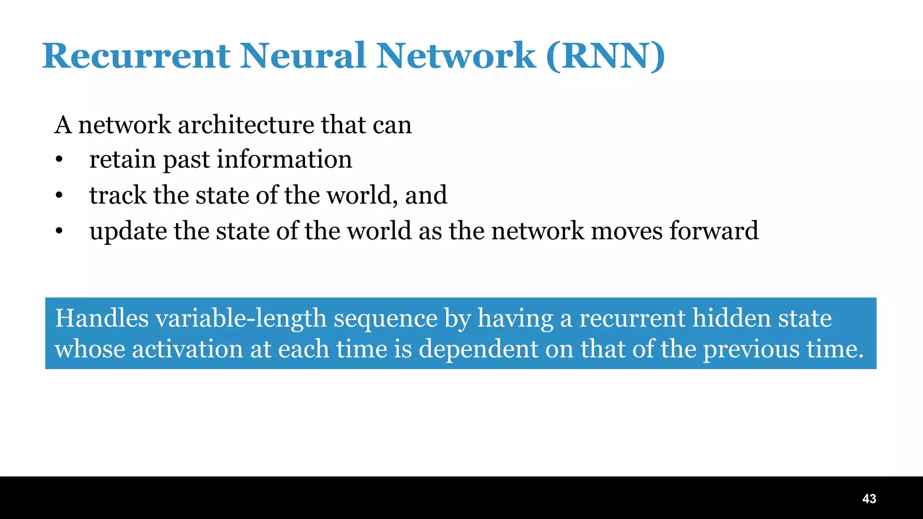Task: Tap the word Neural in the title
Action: point(302,56)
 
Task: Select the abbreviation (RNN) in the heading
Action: point(605,56)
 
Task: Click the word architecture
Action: point(246,125)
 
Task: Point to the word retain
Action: point(122,159)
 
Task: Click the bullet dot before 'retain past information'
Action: point(59,160)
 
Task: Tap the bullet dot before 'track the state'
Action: point(59,196)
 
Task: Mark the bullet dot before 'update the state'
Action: point(59,232)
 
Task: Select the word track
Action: point(118,195)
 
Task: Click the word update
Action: point(128,231)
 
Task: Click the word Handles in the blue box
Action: point(102,318)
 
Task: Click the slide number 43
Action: point(869,499)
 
